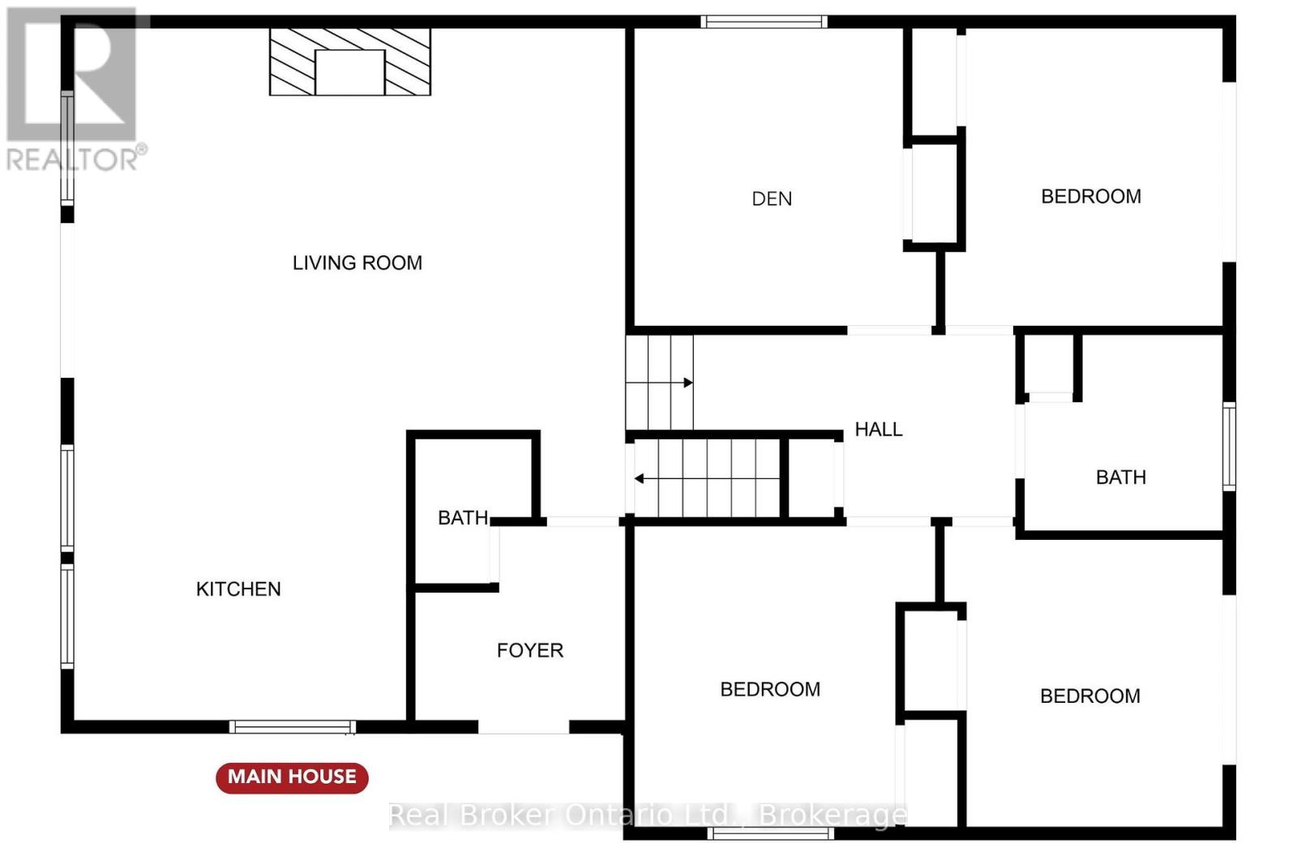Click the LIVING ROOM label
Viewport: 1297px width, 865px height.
pos(357,263)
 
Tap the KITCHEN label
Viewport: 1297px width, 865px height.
pos(238,589)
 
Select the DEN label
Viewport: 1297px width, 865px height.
pos(772,199)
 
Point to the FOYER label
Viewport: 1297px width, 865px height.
pos(530,651)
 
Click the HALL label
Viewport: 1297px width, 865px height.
pos(879,430)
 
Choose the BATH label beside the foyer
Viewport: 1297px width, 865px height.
pos(463,518)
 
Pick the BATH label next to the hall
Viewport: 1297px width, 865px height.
pos(1121,477)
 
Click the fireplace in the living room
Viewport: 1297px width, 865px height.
pos(350,62)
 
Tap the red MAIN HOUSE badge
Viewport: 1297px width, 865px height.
pos(292,777)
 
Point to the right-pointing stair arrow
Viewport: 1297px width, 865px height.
pos(660,383)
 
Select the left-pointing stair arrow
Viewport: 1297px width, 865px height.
pos(706,479)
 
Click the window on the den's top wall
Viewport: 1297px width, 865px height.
pos(764,22)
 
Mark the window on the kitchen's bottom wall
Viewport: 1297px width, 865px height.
pos(293,727)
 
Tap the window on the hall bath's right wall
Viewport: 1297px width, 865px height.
pos(1229,447)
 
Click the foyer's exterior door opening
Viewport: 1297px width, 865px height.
pos(524,727)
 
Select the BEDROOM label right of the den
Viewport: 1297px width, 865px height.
pos(1091,197)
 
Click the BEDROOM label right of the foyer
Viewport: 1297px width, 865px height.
pos(770,690)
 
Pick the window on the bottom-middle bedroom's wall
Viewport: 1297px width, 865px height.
pos(771,833)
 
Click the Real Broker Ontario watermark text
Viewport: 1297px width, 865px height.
pos(648,816)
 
